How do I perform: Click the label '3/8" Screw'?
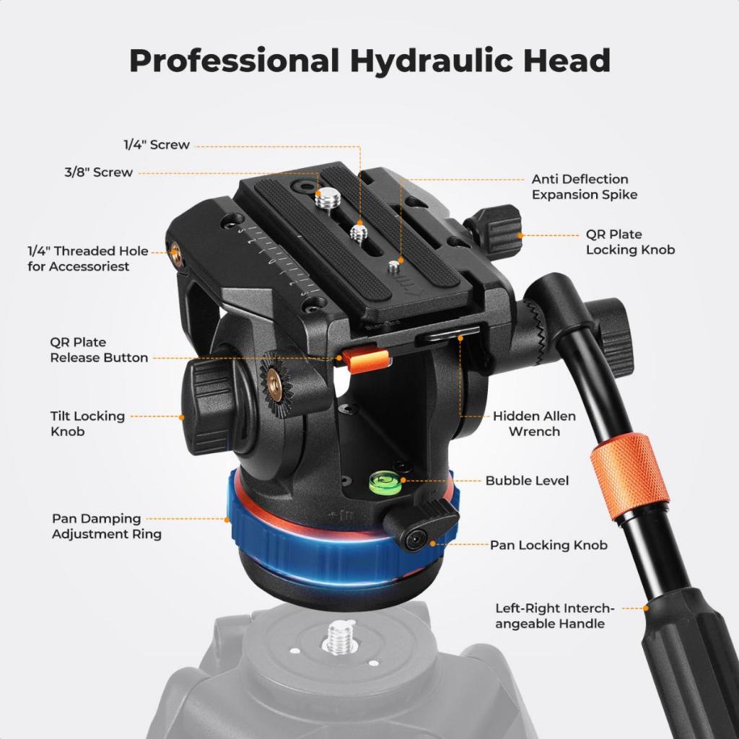tap(99, 172)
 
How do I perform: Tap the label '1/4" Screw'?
tap(157, 144)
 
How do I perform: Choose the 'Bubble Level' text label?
tap(527, 481)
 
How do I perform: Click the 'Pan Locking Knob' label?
tap(548, 546)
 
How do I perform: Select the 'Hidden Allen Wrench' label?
tap(534, 424)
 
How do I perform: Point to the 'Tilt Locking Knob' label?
tap(87, 424)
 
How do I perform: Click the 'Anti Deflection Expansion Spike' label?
tap(585, 187)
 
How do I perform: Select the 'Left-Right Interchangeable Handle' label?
tap(555, 616)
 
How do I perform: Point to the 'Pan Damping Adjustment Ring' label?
tap(107, 526)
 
